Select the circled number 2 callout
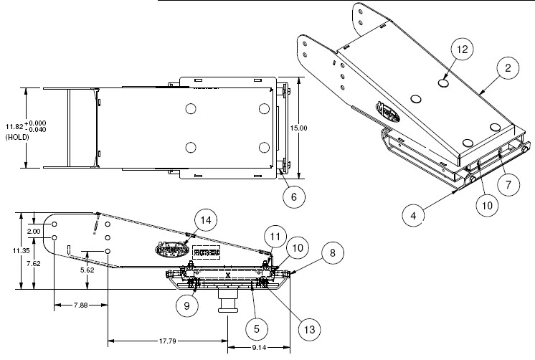(507, 69)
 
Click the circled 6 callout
(291, 194)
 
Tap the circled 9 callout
(186, 304)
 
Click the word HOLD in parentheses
(14, 136)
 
